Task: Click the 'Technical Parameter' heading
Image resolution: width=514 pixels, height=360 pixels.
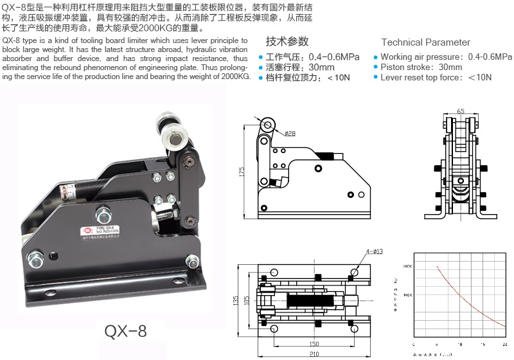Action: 425,42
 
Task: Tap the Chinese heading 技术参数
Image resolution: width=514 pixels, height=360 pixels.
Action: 287,42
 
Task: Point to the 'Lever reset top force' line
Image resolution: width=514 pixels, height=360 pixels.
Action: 436,77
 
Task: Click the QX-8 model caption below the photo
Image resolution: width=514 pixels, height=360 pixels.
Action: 125,332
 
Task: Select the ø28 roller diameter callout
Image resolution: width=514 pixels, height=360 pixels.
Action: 289,134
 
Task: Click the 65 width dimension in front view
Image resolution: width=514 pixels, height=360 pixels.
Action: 459,111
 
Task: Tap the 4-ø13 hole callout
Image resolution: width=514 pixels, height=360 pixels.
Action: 374,251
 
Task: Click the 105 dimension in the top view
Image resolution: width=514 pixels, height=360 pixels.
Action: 245,300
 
